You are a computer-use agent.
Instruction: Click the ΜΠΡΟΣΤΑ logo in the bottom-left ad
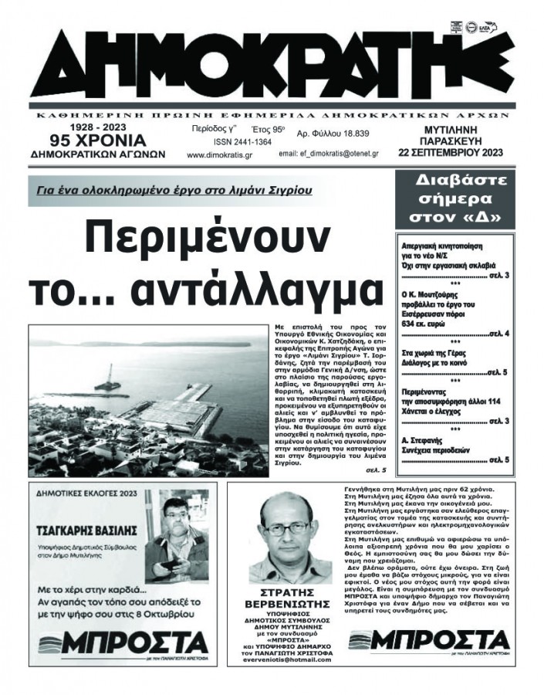[123, 642]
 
